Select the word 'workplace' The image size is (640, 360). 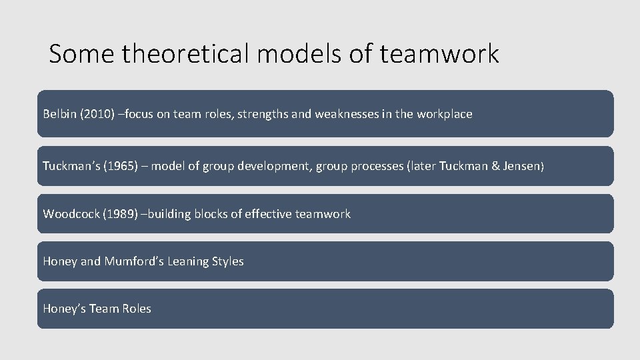click(x=445, y=114)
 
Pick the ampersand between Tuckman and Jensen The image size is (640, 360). click(x=495, y=166)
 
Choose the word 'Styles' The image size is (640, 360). click(x=229, y=261)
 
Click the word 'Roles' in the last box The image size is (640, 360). click(x=136, y=309)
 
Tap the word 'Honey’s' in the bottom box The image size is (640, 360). click(x=62, y=309)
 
